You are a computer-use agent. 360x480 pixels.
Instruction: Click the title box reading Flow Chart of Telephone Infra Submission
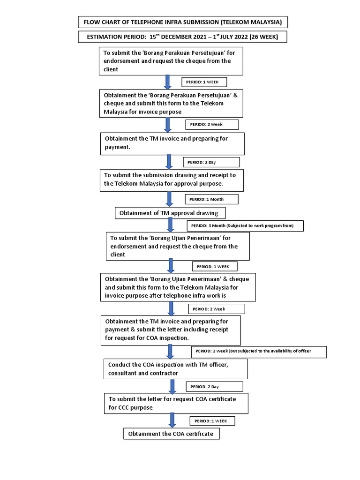click(182, 22)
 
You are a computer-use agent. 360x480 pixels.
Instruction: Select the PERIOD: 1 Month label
click(211, 199)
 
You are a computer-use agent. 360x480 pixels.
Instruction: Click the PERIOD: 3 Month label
click(245, 226)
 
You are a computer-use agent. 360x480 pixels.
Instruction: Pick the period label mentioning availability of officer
click(259, 351)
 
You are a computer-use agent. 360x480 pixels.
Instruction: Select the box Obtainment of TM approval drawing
click(170, 213)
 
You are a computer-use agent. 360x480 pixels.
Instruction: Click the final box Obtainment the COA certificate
click(171, 434)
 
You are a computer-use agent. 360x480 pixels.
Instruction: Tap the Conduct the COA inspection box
click(175, 369)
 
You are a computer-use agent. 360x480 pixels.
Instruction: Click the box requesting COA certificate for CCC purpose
click(176, 403)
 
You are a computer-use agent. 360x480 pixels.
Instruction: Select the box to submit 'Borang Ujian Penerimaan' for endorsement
click(177, 246)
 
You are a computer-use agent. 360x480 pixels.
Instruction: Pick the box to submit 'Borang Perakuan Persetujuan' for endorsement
click(171, 61)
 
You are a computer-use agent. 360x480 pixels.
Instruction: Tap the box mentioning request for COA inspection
click(171, 330)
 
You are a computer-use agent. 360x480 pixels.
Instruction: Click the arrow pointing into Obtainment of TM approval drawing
click(170, 199)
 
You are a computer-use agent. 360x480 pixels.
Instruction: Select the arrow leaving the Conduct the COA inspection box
click(172, 386)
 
